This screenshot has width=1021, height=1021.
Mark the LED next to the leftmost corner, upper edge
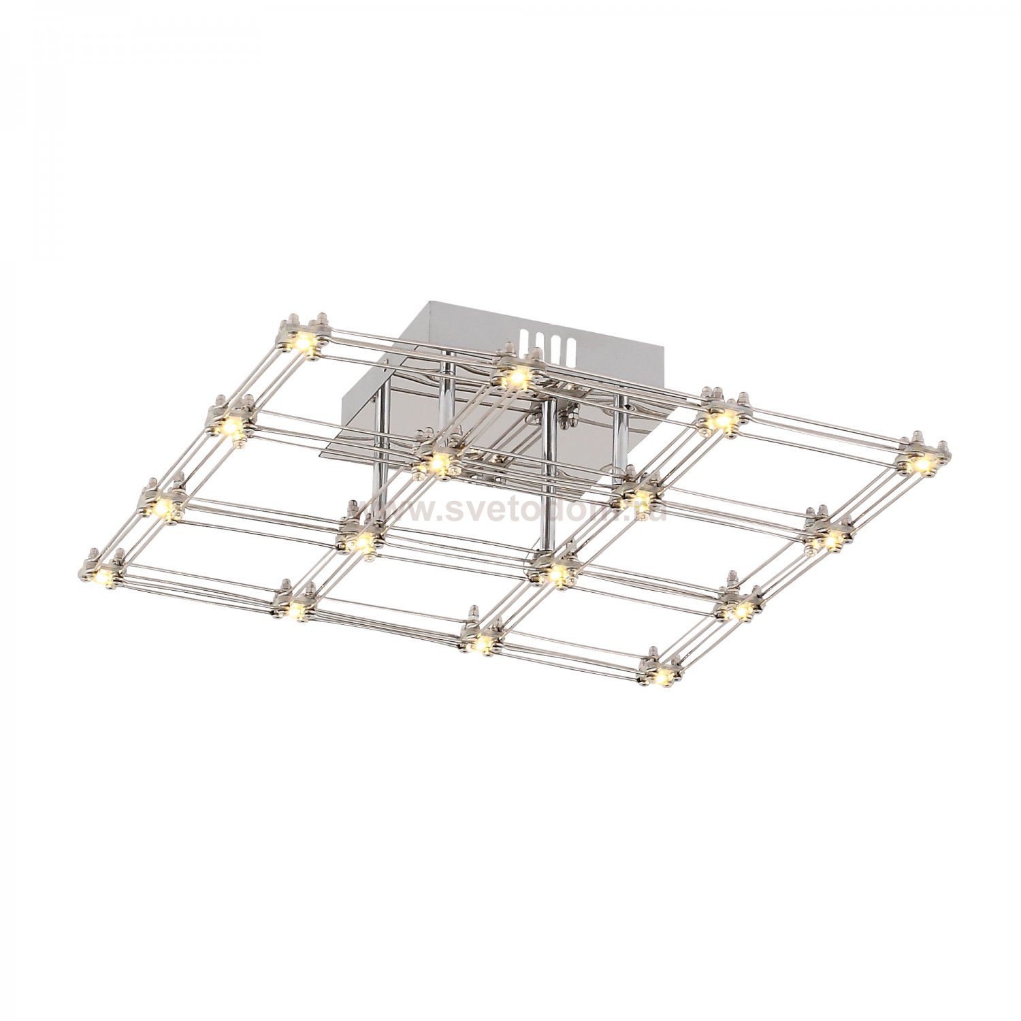coord(163,506)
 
